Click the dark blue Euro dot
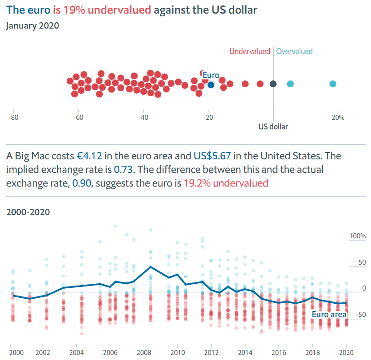(x=211, y=84)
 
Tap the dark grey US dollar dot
(x=273, y=84)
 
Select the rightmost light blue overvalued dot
(x=333, y=84)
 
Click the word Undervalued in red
(x=250, y=51)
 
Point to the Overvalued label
(x=294, y=51)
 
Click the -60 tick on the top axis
(x=79, y=117)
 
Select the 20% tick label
(x=338, y=117)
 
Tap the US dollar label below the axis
(x=273, y=127)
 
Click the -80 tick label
(x=14, y=117)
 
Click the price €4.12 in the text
(x=90, y=156)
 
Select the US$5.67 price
(x=212, y=156)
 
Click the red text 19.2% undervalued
(x=226, y=183)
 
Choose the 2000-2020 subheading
(x=28, y=212)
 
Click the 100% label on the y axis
(x=357, y=237)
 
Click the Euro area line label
(x=329, y=315)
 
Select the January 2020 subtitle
(x=32, y=26)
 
